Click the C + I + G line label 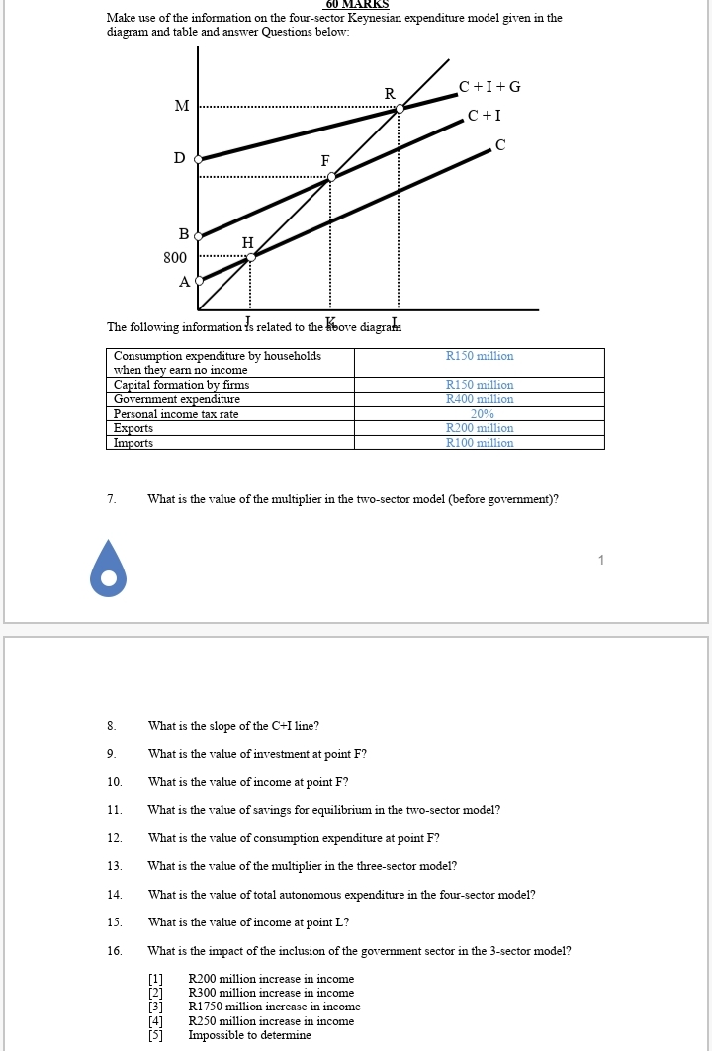pos(489,87)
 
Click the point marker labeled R pos(399,110)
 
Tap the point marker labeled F pos(330,177)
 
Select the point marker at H pos(250,257)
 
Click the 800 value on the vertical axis pos(175,258)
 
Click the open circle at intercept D pos(198,158)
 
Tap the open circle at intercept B pos(198,236)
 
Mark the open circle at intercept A pos(198,281)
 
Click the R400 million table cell pos(480,399)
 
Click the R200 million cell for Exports pos(480,428)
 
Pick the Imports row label pos(133,443)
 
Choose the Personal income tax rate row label pos(176,414)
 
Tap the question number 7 pos(112,499)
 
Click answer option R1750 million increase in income pos(274,1007)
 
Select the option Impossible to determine pos(249,1035)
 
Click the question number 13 pos(115,866)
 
